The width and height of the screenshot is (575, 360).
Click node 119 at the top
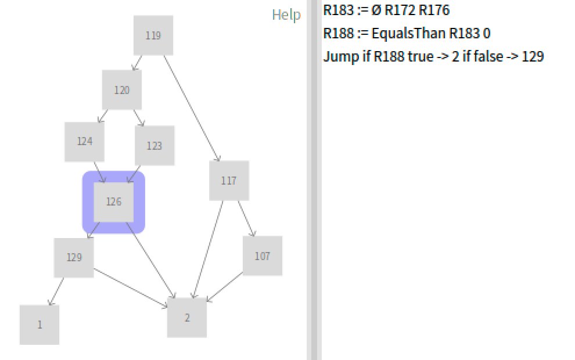point(153,35)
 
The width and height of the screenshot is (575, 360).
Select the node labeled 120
point(122,90)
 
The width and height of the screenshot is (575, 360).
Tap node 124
point(85,141)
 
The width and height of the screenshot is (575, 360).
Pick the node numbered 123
point(154,146)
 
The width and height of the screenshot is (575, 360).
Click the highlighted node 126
point(114,202)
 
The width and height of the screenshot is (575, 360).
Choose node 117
point(229,181)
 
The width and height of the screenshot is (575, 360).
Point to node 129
point(74,257)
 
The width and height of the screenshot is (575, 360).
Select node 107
point(263,255)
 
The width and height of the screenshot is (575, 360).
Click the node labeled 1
point(39,325)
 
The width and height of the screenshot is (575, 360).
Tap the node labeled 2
point(187,318)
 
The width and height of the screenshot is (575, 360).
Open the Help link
point(286,15)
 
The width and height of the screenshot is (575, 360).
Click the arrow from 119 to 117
point(192,108)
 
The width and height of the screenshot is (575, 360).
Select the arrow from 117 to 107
point(246,218)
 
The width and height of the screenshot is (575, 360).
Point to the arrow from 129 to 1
point(57,291)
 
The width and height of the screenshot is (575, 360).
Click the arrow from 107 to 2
point(225,287)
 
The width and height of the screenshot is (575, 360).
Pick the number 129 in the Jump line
point(533,57)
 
